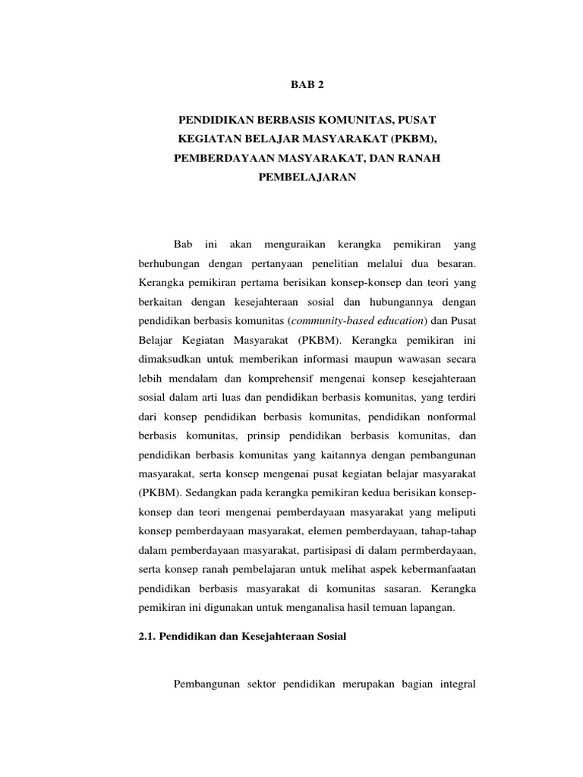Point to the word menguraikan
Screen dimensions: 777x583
[x=295, y=244]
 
